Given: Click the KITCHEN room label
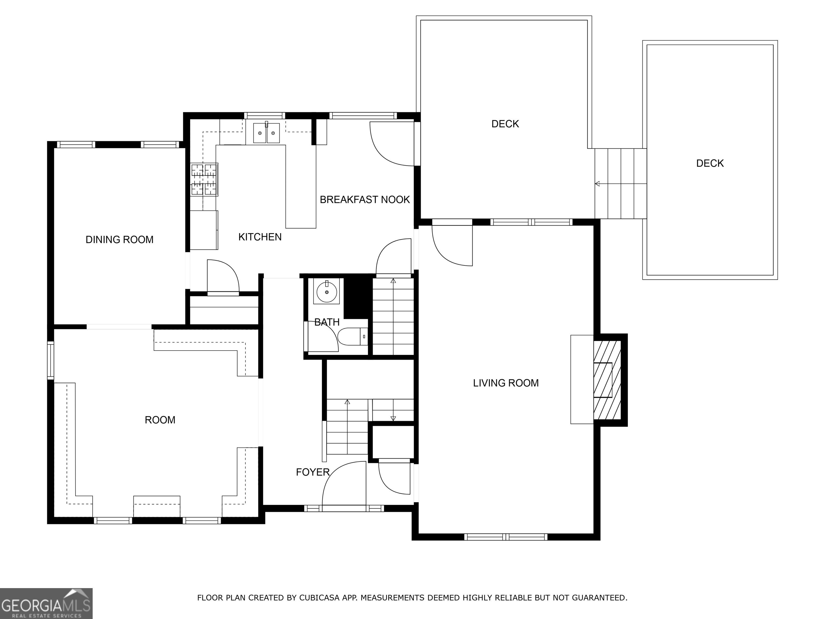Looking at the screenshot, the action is pos(260,237).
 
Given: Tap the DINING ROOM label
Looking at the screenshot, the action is pos(119,240).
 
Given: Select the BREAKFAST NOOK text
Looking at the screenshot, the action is pos(365,200).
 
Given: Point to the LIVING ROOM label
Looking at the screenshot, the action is pos(506,383).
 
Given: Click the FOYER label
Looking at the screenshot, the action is pos(313,472).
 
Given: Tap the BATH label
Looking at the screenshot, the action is pos(327,322).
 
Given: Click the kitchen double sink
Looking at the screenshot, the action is pos(266,133).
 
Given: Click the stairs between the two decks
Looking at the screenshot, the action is pos(621,183).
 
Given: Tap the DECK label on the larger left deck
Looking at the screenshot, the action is pos(505,124).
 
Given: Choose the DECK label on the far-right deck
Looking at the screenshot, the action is pos(710,163).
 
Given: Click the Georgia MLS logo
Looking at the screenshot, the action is pos(46,603).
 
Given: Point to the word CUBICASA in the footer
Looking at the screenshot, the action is pos(319,598).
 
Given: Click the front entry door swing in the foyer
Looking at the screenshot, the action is pos(344,484).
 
